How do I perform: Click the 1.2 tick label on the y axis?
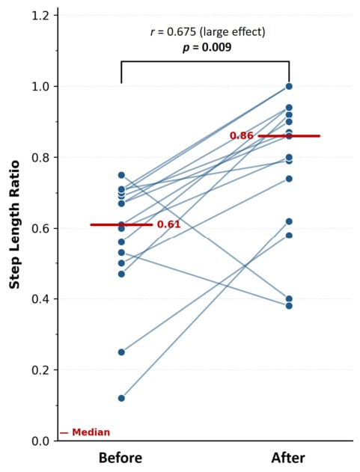point(40,15)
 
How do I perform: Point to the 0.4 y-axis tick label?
point(40,299)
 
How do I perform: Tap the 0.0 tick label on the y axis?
point(40,441)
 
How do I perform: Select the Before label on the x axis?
point(120,458)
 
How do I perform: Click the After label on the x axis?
point(288,458)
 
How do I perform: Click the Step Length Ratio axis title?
point(14,224)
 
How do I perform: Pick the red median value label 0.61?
point(168,224)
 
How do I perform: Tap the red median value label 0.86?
point(242,135)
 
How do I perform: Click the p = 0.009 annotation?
point(207,47)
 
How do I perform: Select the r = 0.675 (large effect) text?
point(208,31)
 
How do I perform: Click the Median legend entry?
point(85,432)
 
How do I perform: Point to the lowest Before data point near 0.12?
point(121,398)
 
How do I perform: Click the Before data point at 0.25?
point(121,352)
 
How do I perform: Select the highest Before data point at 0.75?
point(121,175)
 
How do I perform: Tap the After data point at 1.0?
point(289,86)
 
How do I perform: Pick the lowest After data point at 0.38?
point(289,306)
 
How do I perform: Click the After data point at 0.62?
point(289,221)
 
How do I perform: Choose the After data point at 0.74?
point(289,179)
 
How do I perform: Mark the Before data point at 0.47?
point(121,275)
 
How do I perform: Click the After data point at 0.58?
point(289,236)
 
